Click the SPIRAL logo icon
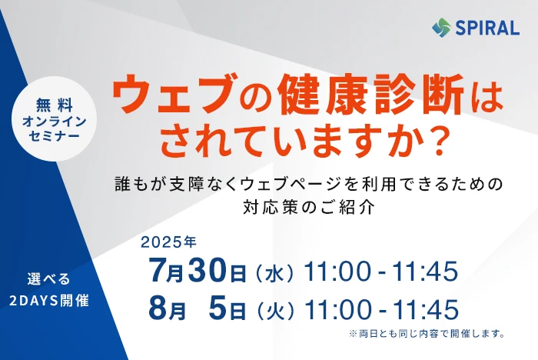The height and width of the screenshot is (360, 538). [x=441, y=27]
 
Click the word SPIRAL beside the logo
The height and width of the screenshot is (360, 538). [x=487, y=28]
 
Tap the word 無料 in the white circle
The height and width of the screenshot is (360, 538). [x=55, y=105]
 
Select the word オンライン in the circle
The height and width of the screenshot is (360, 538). [x=55, y=121]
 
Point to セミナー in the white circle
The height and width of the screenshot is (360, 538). [x=55, y=136]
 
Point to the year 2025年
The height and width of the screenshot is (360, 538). [x=168, y=242]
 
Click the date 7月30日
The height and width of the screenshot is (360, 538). [x=198, y=271]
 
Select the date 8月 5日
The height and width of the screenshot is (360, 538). [x=198, y=308]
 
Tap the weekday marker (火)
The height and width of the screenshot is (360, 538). [x=275, y=311]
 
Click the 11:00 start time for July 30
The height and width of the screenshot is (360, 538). [x=337, y=272]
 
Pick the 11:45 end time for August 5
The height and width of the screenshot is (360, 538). [x=426, y=308]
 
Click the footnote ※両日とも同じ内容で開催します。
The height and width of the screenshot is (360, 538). [x=427, y=334]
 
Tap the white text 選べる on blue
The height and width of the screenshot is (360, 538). [x=48, y=279]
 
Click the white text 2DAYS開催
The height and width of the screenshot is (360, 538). [x=49, y=301]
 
